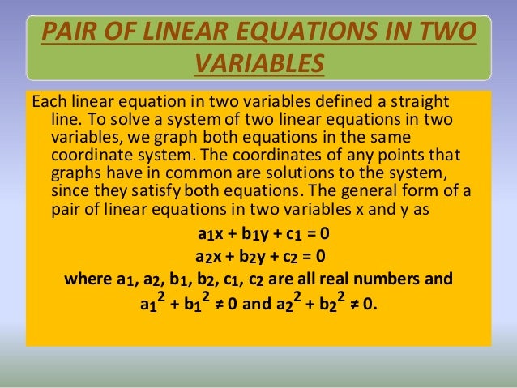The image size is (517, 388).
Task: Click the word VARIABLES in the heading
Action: pos(258,63)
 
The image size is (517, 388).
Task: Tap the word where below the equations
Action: pos(87,280)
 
